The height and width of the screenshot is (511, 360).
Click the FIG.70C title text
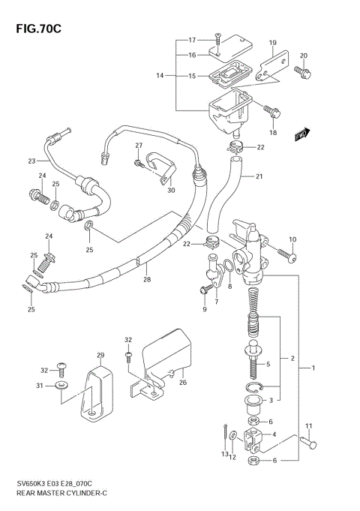tap(35, 28)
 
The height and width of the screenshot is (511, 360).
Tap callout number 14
tap(159, 76)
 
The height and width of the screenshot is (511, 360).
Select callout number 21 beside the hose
tap(259, 178)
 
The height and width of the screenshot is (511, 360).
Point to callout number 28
tap(147, 280)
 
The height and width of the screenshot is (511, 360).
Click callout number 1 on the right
tap(313, 368)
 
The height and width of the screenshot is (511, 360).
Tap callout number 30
tap(171, 191)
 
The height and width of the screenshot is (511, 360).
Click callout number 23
tap(31, 161)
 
